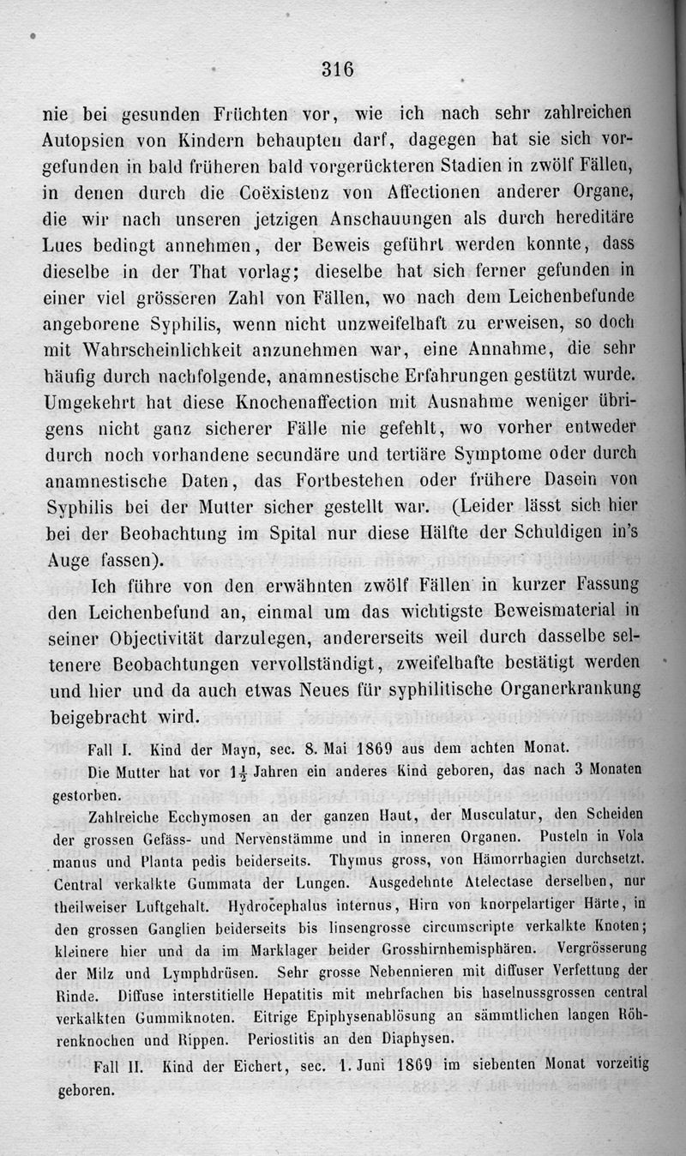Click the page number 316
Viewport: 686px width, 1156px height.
[337, 69]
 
